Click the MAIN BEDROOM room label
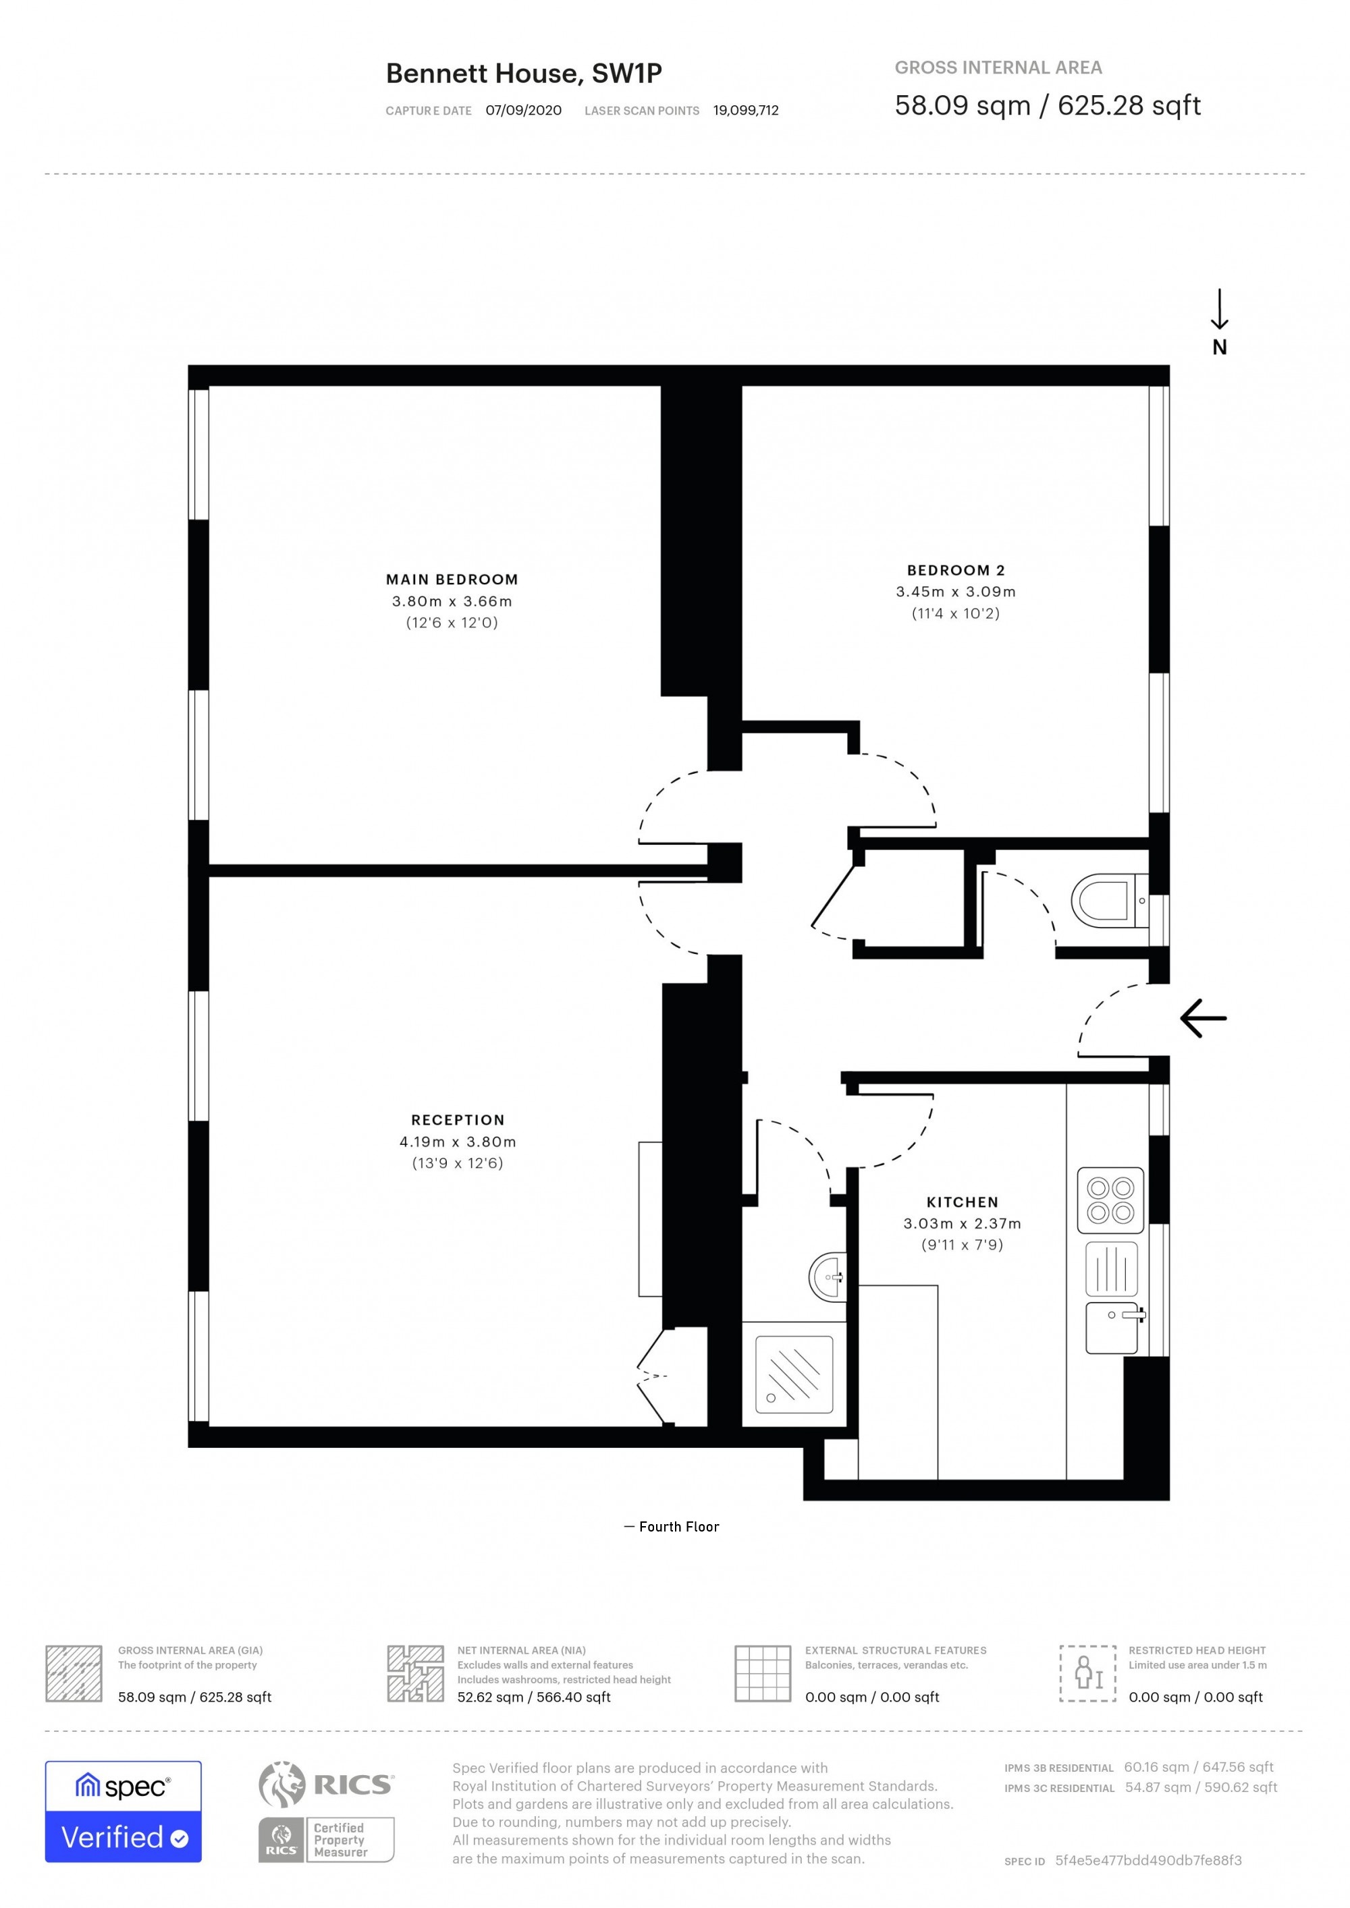click(452, 579)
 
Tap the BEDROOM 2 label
click(956, 570)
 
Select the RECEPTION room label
click(458, 1120)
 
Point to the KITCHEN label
click(963, 1202)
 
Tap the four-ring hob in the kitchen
click(1110, 1200)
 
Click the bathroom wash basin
click(828, 1276)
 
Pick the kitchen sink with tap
click(1112, 1327)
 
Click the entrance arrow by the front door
click(1203, 1018)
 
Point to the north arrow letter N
click(1220, 347)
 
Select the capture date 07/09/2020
click(524, 111)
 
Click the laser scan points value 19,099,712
click(746, 111)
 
